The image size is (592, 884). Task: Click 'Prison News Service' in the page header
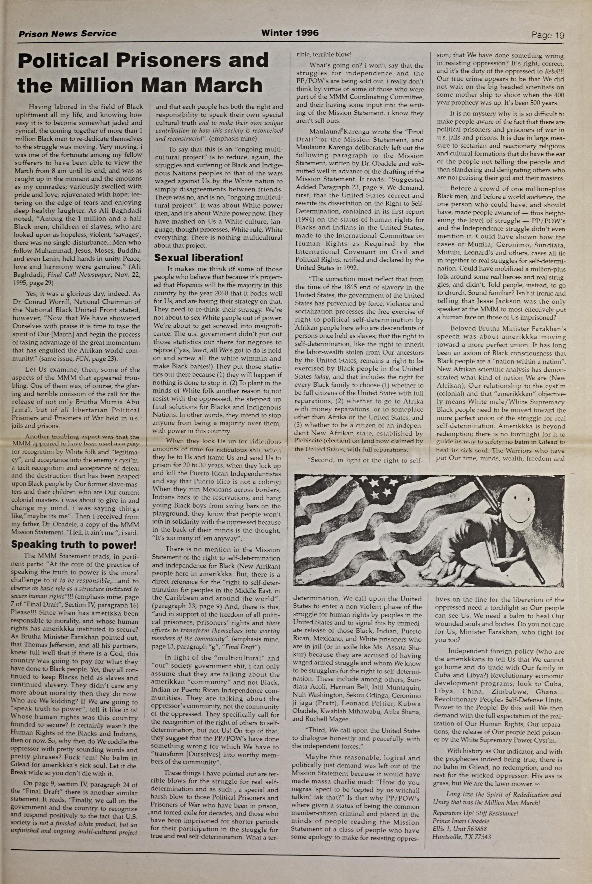[x=67, y=34]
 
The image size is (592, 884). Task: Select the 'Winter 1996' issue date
[x=290, y=33]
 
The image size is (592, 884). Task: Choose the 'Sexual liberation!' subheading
[x=199, y=258]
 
